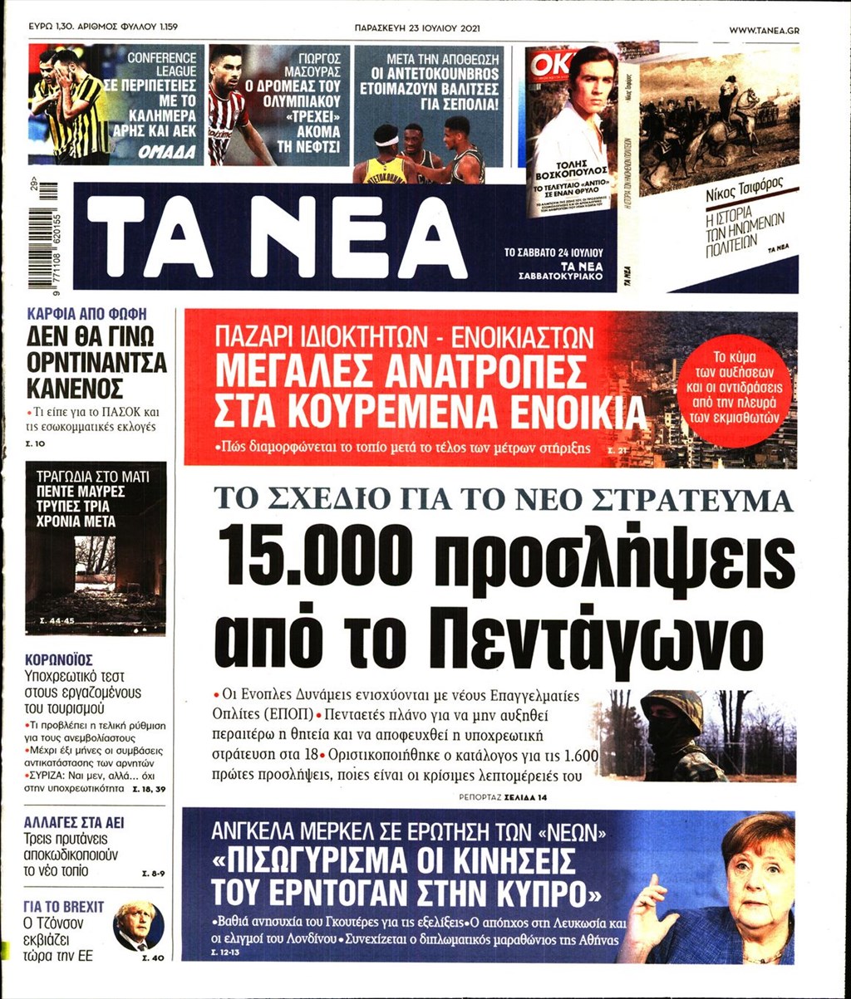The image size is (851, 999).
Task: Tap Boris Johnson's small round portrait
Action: coord(138,926)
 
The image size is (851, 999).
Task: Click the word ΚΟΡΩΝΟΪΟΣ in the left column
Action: coord(58,660)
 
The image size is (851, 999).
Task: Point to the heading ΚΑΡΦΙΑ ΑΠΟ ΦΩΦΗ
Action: coord(86,315)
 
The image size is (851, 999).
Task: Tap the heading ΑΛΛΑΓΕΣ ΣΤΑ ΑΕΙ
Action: coord(75,823)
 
